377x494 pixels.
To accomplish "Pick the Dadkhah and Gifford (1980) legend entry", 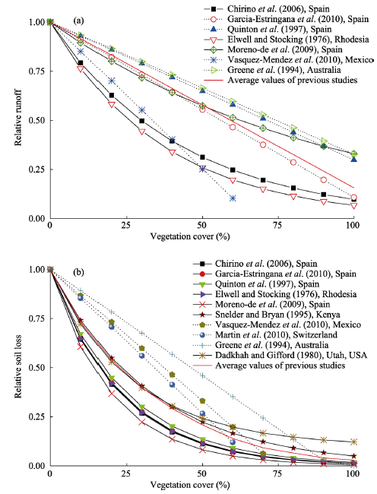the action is [280, 355].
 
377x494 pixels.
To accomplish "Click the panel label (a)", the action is [78, 21].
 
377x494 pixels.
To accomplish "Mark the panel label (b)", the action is [78, 272].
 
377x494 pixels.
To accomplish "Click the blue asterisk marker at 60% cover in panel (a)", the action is [233, 198].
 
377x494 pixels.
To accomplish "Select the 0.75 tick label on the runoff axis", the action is [36, 71].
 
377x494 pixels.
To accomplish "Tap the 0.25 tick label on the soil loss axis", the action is [36, 416].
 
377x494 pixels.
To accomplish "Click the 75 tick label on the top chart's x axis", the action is [277, 225].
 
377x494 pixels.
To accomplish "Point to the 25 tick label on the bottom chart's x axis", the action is [126, 473].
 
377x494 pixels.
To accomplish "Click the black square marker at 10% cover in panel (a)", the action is [81, 63].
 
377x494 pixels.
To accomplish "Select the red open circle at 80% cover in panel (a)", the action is [293, 163].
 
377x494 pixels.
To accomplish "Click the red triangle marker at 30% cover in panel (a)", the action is [141, 131].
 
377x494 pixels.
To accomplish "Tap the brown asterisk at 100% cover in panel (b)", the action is [354, 442].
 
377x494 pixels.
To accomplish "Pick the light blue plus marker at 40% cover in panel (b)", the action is [172, 354].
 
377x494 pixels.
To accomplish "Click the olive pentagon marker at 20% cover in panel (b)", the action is [111, 322].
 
